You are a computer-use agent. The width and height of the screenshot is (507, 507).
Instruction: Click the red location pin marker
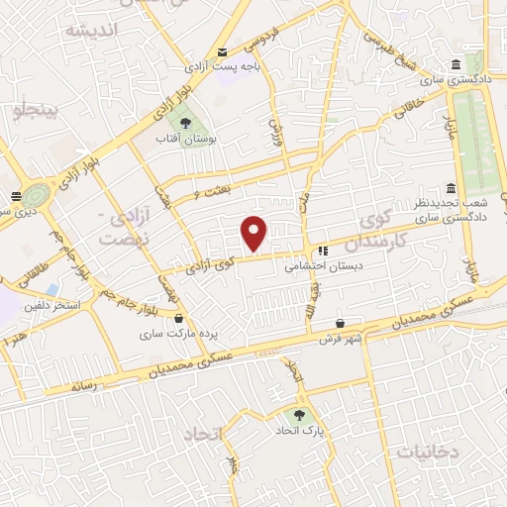click(254, 233)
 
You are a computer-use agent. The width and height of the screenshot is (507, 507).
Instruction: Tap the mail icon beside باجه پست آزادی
click(222, 51)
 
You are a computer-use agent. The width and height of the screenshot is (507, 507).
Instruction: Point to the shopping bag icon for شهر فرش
click(341, 323)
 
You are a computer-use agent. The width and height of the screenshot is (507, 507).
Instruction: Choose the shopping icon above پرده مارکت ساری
click(178, 319)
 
